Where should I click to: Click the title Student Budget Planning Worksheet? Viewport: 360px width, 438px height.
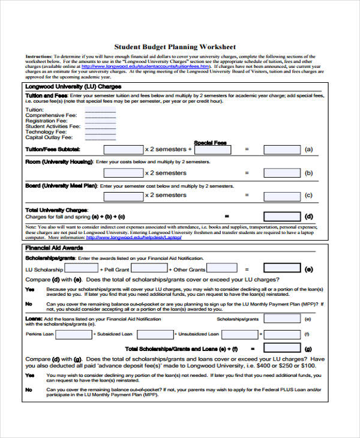[x=175, y=47]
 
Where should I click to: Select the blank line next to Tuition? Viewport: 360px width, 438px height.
[x=100, y=110]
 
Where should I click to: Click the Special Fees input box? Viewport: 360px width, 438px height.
[x=210, y=149]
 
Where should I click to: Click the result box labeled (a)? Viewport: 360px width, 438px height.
[x=283, y=149]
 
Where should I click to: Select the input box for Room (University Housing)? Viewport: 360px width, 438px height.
[x=124, y=173]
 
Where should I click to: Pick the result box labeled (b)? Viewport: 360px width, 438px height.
[x=283, y=173]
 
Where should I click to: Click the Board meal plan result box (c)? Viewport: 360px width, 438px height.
[x=283, y=195]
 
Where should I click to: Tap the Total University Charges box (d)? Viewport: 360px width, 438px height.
[x=283, y=216]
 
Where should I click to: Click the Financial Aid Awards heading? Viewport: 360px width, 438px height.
[x=54, y=248]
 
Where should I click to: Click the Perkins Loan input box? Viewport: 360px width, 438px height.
[x=73, y=334]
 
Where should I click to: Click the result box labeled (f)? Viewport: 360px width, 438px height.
[x=283, y=334]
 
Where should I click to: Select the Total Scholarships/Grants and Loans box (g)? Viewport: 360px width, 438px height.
[x=283, y=348]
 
